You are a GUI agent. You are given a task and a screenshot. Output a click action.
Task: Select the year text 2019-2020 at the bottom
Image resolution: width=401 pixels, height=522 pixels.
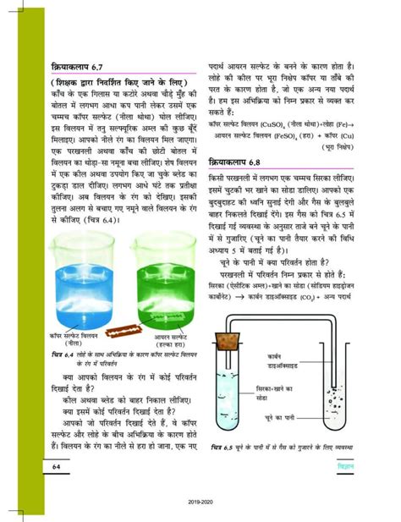coord(200,502)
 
